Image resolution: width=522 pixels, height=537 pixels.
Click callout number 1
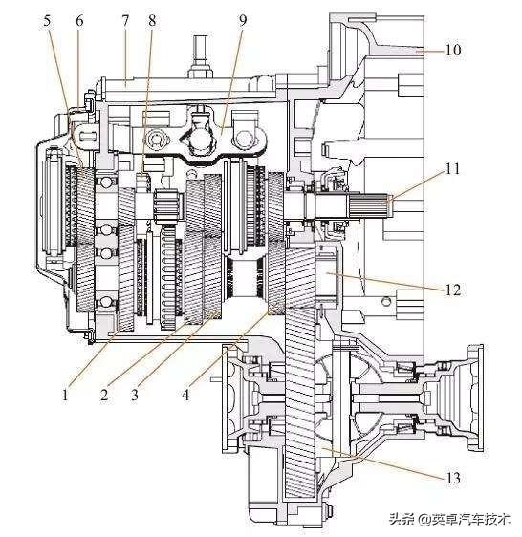click(x=65, y=396)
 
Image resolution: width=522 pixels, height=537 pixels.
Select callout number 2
click(x=104, y=396)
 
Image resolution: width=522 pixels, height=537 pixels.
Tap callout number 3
click(x=135, y=396)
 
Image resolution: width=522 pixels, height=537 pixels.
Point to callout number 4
click(x=185, y=396)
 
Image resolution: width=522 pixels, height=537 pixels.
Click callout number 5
click(x=47, y=21)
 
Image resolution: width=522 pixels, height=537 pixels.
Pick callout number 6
click(x=79, y=21)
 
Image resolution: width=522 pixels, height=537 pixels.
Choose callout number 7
click(x=124, y=21)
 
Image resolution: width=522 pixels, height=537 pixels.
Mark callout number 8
click(x=152, y=21)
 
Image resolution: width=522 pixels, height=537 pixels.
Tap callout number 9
click(x=243, y=21)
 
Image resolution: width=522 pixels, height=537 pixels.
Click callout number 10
click(x=453, y=50)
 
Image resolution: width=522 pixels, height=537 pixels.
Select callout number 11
click(x=452, y=169)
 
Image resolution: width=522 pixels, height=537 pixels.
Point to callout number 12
click(x=453, y=290)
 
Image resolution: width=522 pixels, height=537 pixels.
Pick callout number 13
click(x=453, y=478)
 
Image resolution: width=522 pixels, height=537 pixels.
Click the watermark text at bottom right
click(x=449, y=519)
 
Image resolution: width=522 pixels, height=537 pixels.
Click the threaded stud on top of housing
click(x=200, y=55)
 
